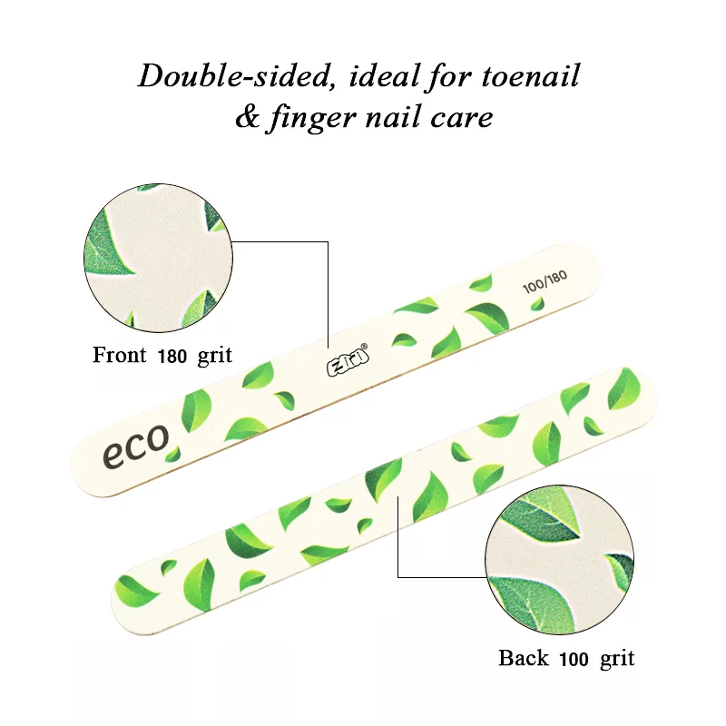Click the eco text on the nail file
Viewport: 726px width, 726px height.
pyautogui.click(x=135, y=444)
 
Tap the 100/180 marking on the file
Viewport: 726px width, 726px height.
pyautogui.click(x=544, y=283)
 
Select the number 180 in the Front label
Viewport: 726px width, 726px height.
pyautogui.click(x=172, y=356)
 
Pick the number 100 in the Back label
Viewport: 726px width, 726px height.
pyautogui.click(x=574, y=658)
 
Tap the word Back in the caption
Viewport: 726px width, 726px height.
pyautogui.click(x=524, y=658)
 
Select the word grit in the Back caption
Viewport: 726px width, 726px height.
pyautogui.click(x=617, y=658)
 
